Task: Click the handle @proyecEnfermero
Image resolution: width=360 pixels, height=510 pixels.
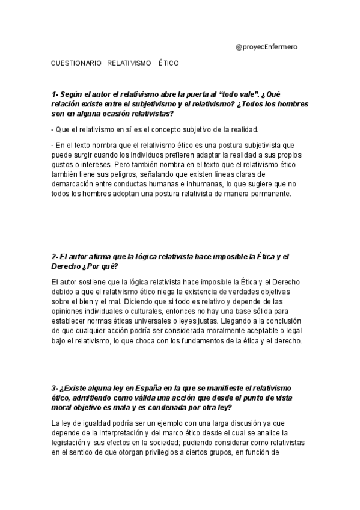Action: click(x=267, y=46)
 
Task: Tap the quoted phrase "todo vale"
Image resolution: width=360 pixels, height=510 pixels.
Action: click(x=239, y=94)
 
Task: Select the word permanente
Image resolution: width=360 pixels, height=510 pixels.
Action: click(x=272, y=194)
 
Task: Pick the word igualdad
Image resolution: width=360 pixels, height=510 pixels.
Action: click(x=89, y=422)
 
